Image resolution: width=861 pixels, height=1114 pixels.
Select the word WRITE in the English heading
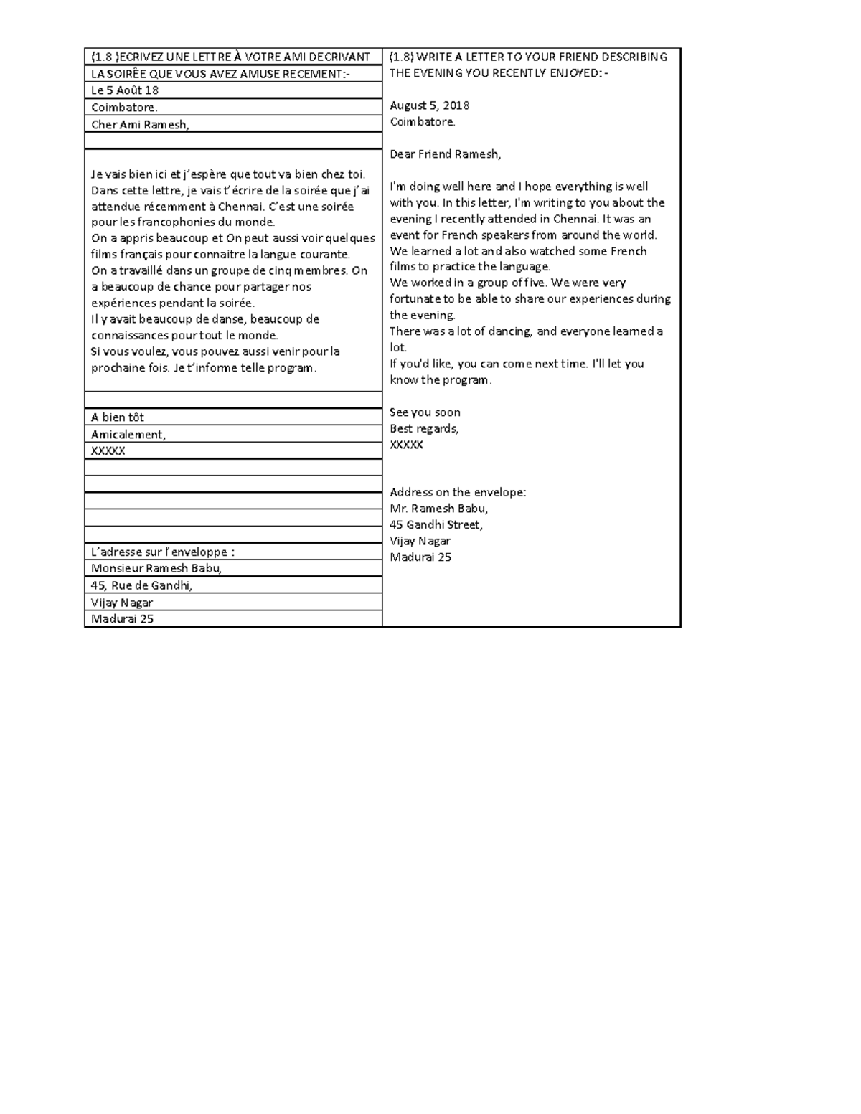[x=434, y=57]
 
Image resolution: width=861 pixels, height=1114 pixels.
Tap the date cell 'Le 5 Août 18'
[x=125, y=90]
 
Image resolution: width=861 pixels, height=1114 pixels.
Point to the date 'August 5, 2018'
[x=429, y=105]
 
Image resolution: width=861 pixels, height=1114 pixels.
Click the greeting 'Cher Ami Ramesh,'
[x=140, y=124]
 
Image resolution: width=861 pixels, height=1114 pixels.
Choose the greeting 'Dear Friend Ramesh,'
[x=445, y=154]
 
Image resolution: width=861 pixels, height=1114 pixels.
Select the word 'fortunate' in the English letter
[x=414, y=299]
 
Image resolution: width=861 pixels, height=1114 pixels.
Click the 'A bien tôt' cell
[x=118, y=417]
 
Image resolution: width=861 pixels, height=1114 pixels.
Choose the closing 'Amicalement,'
[x=128, y=434]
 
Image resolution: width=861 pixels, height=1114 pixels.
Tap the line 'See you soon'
[x=425, y=412]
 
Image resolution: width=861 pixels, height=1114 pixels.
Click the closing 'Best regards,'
[x=424, y=428]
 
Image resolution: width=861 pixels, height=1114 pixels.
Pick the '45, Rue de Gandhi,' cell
[x=142, y=585]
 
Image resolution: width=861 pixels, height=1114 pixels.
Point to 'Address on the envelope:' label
[x=458, y=492]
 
